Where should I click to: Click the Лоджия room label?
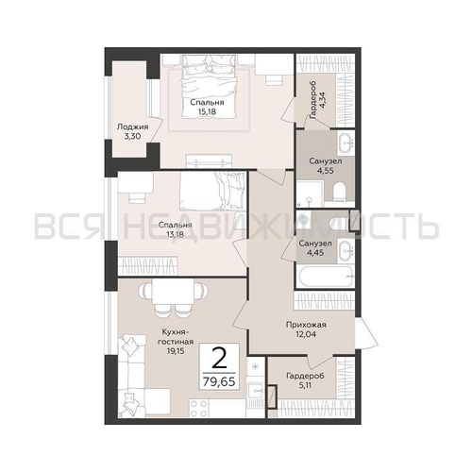pos(132,127)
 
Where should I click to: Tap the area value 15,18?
pos(207,111)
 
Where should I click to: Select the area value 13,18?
pos(176,234)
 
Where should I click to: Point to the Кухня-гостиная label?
pos(176,337)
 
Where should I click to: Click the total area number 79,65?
pos(219,381)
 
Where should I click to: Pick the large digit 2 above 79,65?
pos(219,358)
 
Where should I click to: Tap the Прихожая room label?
pos(306,325)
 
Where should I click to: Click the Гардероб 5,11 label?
pos(305,380)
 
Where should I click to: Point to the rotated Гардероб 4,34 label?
pos(317,100)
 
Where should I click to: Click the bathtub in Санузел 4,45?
pos(326,277)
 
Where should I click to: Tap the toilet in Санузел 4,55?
pos(339,192)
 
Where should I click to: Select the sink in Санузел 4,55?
pos(346,143)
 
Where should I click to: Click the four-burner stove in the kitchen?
pos(198,408)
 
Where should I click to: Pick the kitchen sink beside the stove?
pos(255,391)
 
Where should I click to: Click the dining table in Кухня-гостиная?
pos(173,292)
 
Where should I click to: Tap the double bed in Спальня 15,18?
pos(208,85)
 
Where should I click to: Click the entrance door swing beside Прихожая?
pos(365,333)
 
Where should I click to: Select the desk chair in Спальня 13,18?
pos(137,197)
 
